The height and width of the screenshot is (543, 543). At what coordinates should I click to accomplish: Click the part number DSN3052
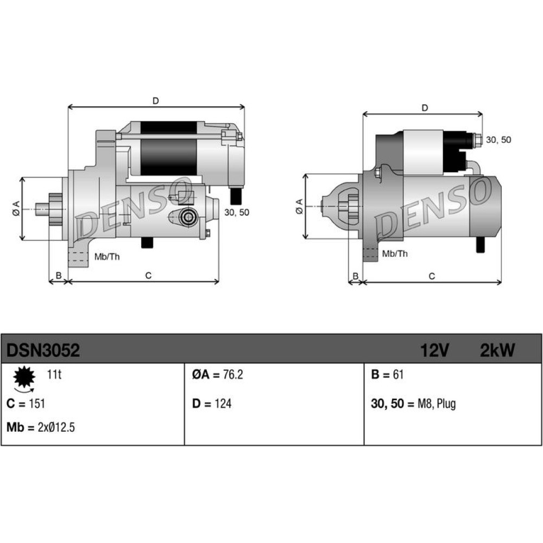(43, 350)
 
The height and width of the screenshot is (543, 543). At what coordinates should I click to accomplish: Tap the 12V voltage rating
(434, 350)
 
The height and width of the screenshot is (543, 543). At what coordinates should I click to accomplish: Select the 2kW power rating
(497, 350)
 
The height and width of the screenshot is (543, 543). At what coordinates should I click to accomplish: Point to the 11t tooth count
(54, 374)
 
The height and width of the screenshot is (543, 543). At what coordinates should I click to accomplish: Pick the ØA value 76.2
(233, 374)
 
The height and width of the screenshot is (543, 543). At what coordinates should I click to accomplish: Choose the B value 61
(398, 374)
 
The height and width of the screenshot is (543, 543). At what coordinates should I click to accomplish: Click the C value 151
(37, 403)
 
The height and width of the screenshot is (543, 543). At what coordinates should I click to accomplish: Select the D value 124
(223, 403)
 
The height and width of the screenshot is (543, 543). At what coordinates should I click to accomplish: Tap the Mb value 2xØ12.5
(56, 427)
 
